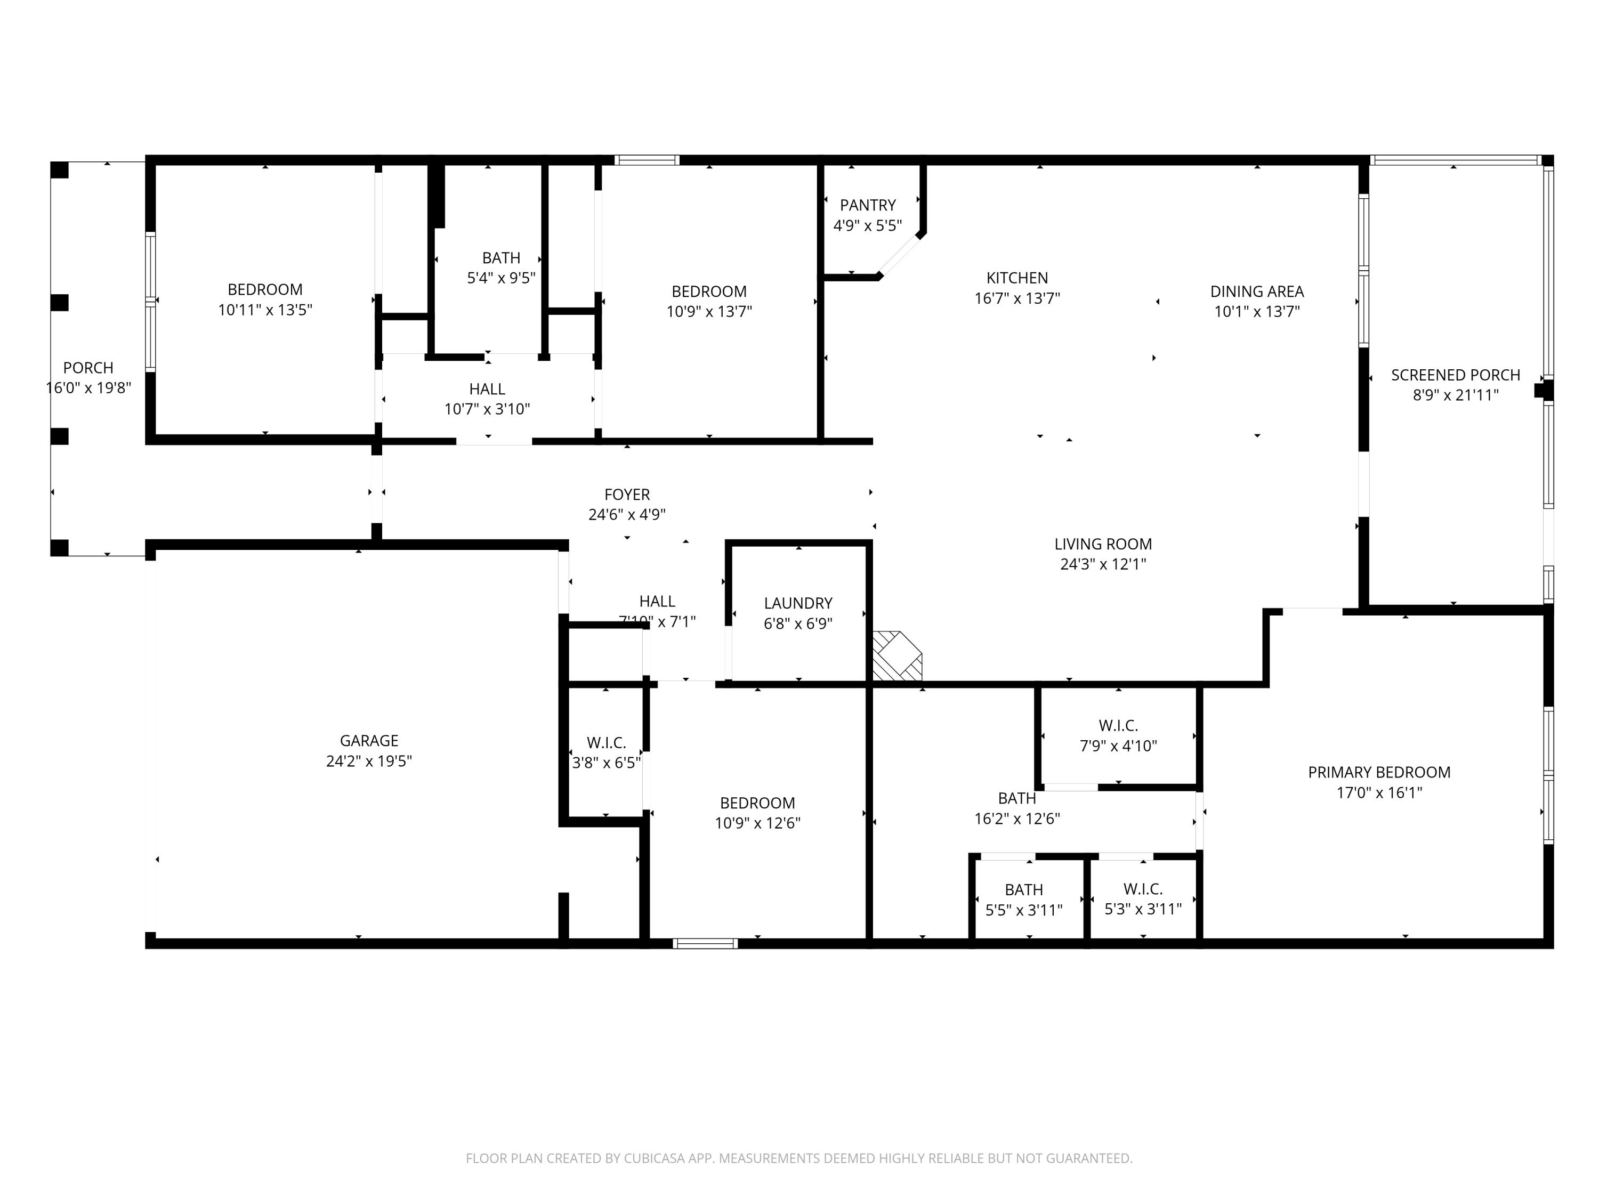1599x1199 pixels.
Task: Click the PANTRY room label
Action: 867,205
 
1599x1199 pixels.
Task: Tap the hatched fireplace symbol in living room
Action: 897,656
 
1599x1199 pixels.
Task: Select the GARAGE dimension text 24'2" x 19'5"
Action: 369,761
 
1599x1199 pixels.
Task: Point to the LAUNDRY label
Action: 798,603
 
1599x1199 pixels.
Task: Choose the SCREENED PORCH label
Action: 1455,375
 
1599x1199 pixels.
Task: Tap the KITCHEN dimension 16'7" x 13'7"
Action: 1017,298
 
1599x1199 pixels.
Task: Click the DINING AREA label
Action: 1256,292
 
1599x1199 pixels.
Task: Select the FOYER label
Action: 627,495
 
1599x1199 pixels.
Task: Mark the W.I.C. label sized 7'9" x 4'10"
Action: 1118,726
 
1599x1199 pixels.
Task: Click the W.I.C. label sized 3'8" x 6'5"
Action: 606,743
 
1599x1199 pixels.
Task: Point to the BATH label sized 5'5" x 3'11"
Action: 1023,890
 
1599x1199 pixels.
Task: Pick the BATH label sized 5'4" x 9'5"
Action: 501,258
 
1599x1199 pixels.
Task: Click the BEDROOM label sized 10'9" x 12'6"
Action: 757,803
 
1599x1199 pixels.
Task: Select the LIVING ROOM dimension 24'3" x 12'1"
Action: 1102,564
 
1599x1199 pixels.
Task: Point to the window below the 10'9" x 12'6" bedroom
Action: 705,943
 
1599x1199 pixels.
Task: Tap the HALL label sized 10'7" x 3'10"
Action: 487,390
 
